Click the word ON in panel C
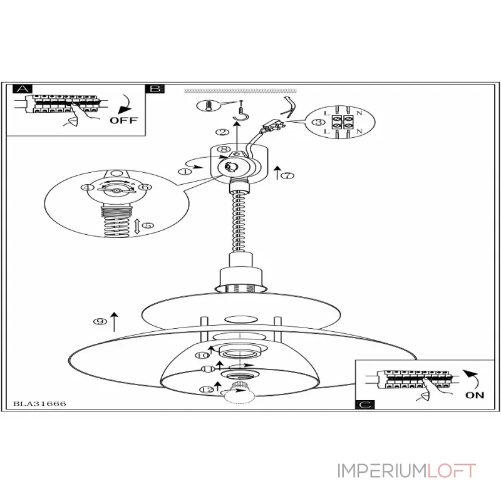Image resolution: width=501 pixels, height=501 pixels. (x=474, y=395)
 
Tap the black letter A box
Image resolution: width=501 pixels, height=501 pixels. (x=22, y=88)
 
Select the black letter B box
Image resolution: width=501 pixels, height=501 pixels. (x=155, y=88)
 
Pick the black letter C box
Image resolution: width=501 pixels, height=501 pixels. (x=364, y=405)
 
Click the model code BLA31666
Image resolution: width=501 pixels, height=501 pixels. (x=39, y=404)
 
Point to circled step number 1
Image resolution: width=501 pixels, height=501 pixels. (x=185, y=170)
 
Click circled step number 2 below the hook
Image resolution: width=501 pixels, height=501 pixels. (x=222, y=132)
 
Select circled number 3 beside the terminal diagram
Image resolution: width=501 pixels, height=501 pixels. (x=318, y=121)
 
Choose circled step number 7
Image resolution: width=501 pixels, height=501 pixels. (x=287, y=176)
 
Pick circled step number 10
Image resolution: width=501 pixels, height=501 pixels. (x=202, y=355)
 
